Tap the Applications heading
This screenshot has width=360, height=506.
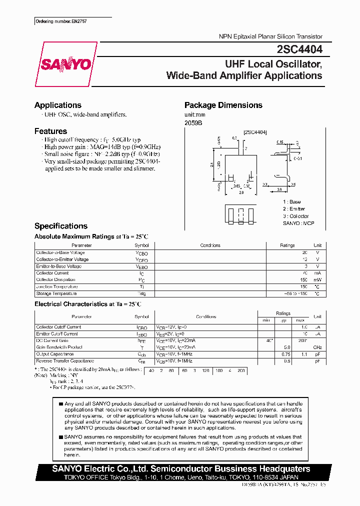tap(57, 105)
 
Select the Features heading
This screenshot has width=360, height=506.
tap(50, 131)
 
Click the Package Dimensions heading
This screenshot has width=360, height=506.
tap(223, 105)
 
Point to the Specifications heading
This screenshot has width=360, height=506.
tap(60, 226)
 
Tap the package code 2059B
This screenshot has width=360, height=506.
tap(193, 122)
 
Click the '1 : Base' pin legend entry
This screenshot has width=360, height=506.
tap(292, 201)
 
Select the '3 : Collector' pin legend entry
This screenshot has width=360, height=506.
tap(295, 216)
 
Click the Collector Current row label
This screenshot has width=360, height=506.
tap(52, 273)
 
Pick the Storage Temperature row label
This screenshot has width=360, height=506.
tap(56, 293)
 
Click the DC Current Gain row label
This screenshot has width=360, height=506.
tap(52, 340)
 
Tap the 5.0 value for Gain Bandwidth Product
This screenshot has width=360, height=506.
tap(287, 347)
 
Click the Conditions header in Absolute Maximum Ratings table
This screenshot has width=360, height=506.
tap(210, 245)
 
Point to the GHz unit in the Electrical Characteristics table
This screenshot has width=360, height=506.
tap(317, 347)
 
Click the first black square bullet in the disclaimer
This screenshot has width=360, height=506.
tap(60, 403)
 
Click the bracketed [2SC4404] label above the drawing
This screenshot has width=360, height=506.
tap(255, 132)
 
